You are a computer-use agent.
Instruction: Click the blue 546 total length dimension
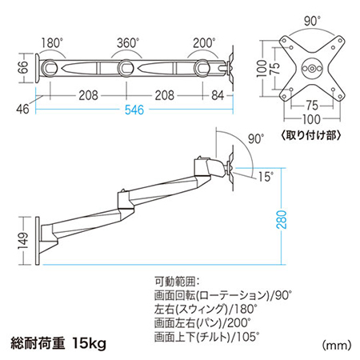coord(134,110)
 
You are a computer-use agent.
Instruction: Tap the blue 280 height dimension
coord(282,219)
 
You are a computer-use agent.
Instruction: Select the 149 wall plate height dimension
coord(23,241)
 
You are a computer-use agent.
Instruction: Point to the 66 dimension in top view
coord(24,67)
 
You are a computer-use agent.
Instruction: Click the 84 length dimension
coord(218,95)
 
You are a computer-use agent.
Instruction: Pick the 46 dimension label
coord(22,109)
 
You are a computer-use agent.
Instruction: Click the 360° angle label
coord(128,43)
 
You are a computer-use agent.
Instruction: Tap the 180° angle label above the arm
coord(52,42)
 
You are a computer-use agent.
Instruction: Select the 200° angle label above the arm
coord(204,42)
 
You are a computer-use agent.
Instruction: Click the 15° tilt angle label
coord(266,177)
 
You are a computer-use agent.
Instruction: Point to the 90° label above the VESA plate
coord(312,21)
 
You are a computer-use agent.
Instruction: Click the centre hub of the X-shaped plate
coord(312,69)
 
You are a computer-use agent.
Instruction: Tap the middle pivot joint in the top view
coord(126,68)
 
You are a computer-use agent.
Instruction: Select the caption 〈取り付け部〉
coord(311,135)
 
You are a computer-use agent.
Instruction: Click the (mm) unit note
coord(337,346)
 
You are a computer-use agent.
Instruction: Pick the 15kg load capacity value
coord(90,343)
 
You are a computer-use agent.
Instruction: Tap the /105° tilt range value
coord(246,337)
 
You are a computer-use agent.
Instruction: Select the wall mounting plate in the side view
coord(38,241)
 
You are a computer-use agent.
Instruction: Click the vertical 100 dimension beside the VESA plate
coord(262,69)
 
